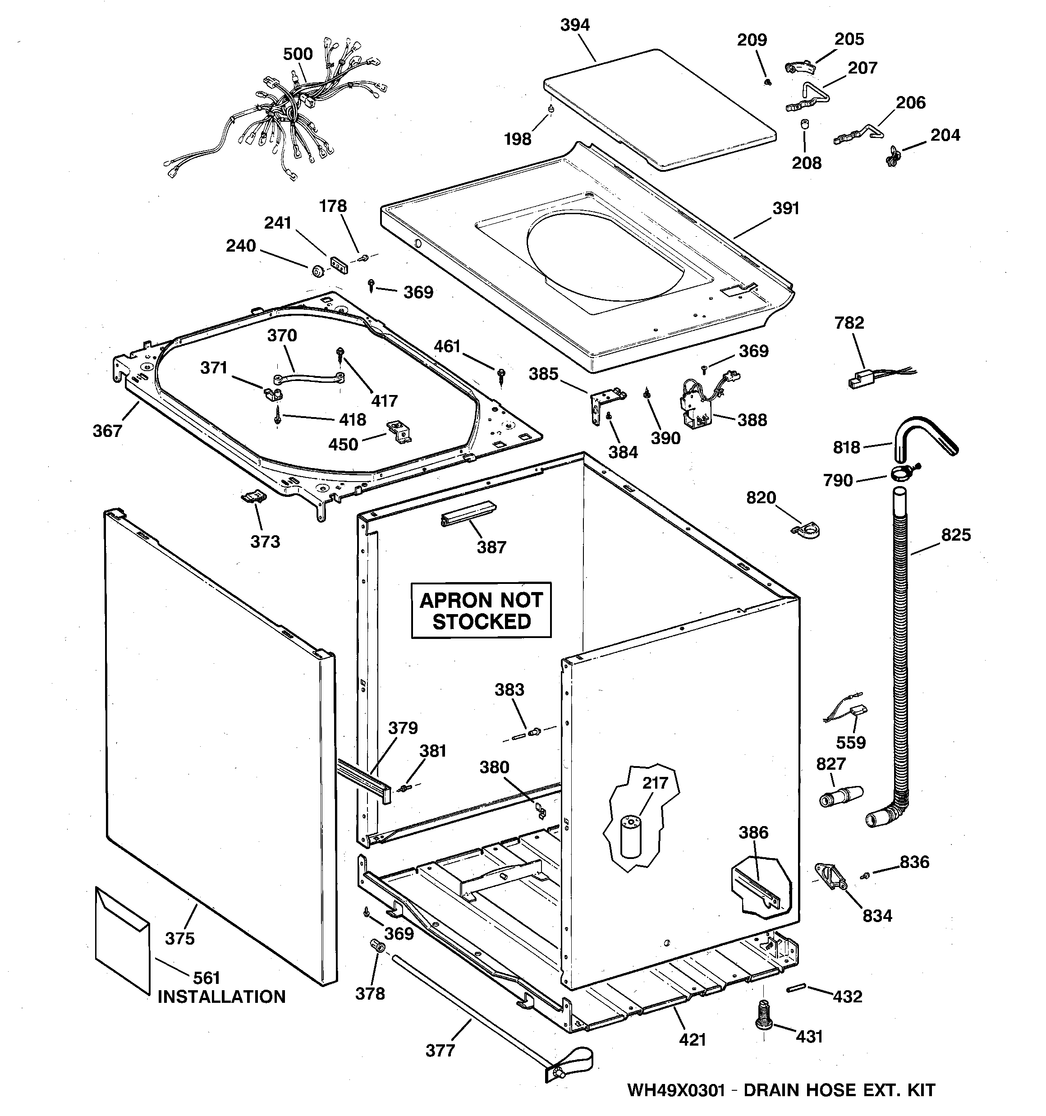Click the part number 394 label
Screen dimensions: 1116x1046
pyautogui.click(x=575, y=25)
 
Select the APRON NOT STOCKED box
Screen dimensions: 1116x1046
pyautogui.click(x=481, y=610)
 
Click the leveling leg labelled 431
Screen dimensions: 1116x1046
pyautogui.click(x=763, y=1022)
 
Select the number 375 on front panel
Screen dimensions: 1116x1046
pyautogui.click(x=179, y=938)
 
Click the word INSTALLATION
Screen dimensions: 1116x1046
pyautogui.click(x=221, y=997)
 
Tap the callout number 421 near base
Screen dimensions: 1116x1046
pyautogui.click(x=692, y=1040)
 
